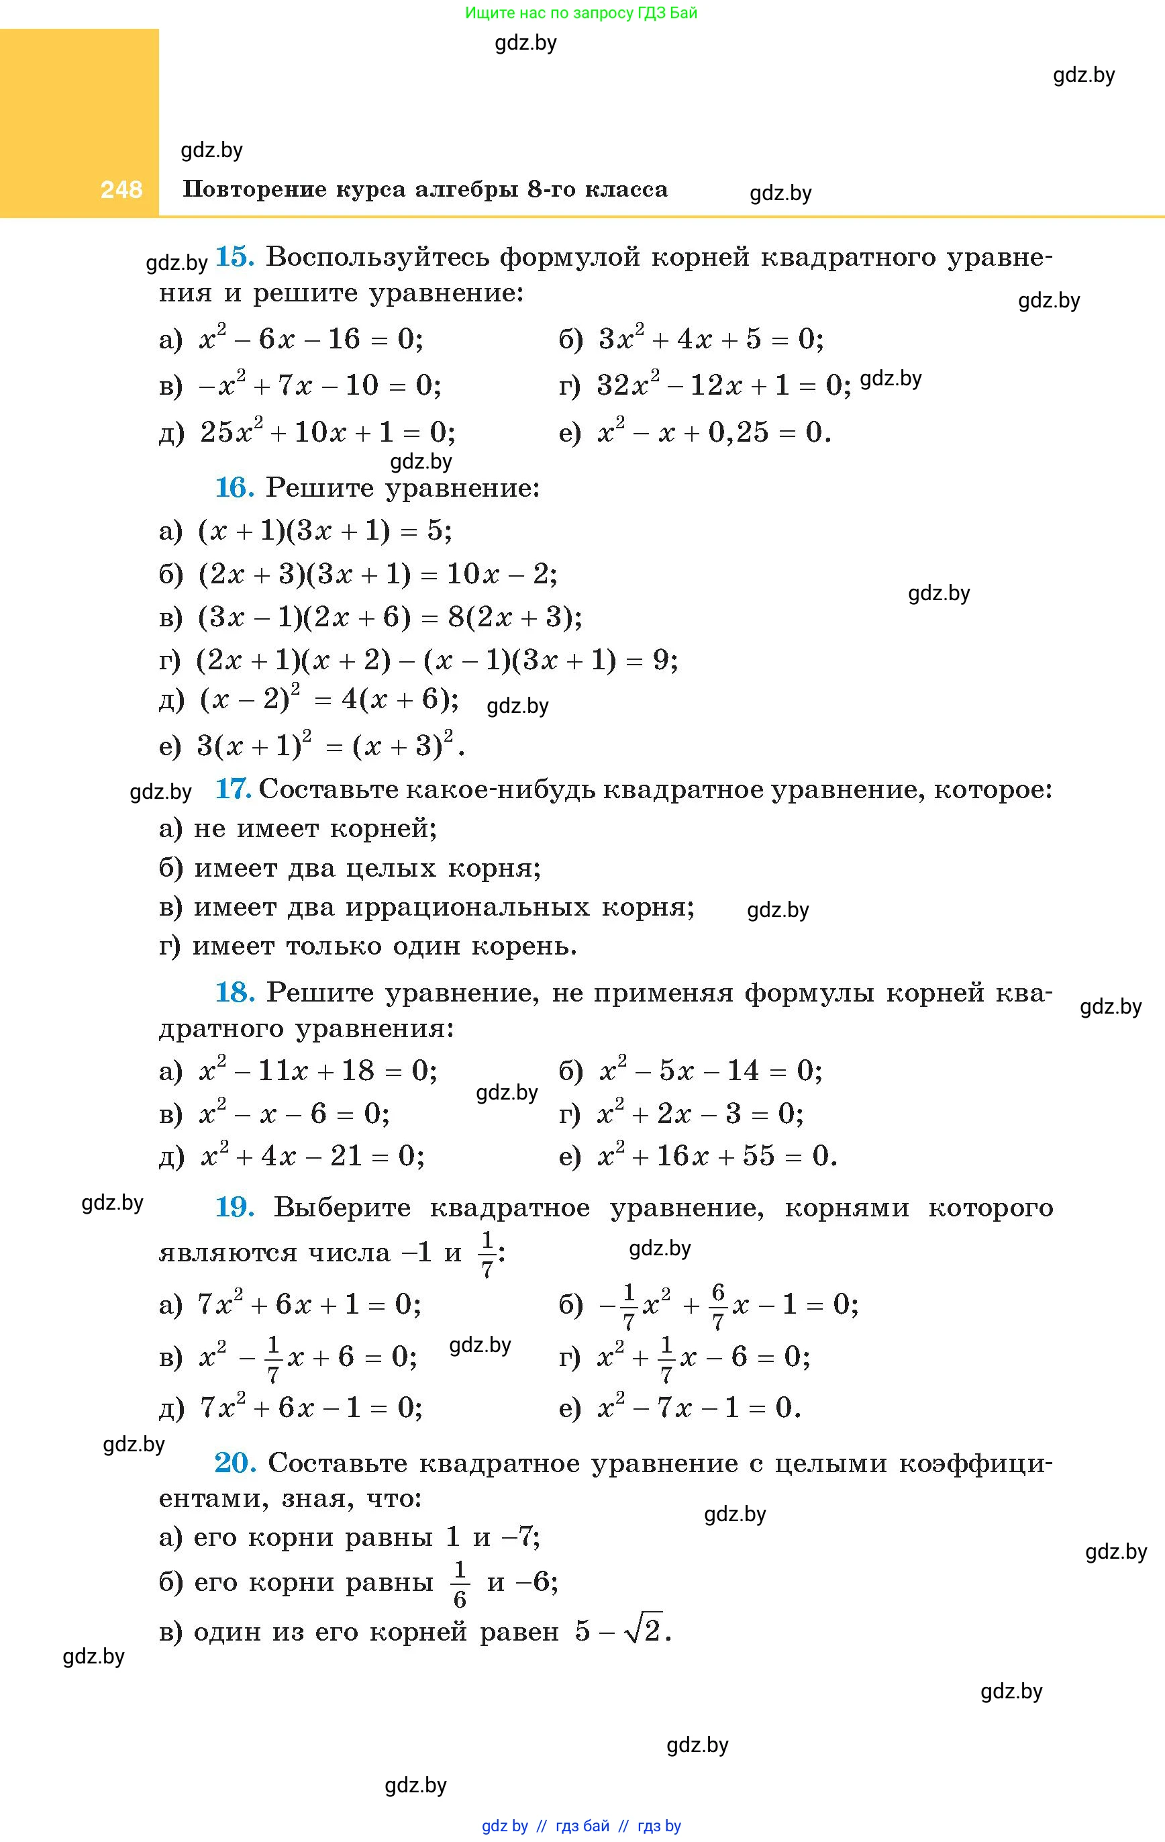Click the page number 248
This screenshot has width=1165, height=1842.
[121, 190]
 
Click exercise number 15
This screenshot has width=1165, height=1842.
[234, 257]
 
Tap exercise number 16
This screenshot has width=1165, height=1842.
[234, 488]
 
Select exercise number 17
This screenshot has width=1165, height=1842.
[233, 789]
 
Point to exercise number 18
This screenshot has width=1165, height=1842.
[234, 993]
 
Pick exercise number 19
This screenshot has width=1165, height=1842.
[234, 1208]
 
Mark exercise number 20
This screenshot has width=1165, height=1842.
[234, 1463]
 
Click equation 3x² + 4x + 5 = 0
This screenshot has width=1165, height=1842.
[711, 339]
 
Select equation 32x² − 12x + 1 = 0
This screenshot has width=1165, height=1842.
[723, 385]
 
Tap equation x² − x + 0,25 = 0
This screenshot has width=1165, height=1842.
[713, 433]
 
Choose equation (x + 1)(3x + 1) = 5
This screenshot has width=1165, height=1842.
[324, 531]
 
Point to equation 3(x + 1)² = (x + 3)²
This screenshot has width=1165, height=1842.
[330, 745]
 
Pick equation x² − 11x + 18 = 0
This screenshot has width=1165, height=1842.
[317, 1071]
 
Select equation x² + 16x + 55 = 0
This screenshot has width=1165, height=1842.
[717, 1156]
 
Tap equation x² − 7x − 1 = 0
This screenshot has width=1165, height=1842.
[699, 1408]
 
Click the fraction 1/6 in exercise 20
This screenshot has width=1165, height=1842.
[459, 1585]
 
